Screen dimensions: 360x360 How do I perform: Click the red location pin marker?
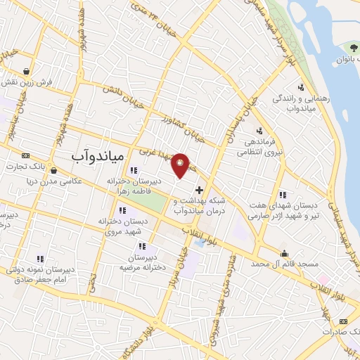tap(181, 165)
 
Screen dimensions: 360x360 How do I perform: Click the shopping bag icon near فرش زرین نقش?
tap(26, 71)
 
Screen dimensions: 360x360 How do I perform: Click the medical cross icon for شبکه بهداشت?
tap(199, 190)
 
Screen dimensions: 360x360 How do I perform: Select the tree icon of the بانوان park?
tap(353, 47)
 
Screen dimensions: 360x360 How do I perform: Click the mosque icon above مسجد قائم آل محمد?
tap(284, 254)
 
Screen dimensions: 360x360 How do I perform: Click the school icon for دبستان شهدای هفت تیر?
tap(283, 195)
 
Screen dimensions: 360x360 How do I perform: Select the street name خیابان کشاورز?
tap(181, 129)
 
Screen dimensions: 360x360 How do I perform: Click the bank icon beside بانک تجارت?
tap(26, 155)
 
